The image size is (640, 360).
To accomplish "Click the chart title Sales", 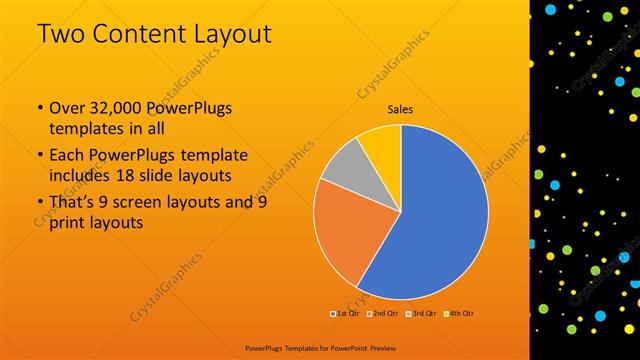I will tap(400, 110).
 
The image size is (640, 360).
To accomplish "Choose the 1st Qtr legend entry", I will tap(345, 313).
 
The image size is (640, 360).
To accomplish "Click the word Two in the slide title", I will tap(62, 34).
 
